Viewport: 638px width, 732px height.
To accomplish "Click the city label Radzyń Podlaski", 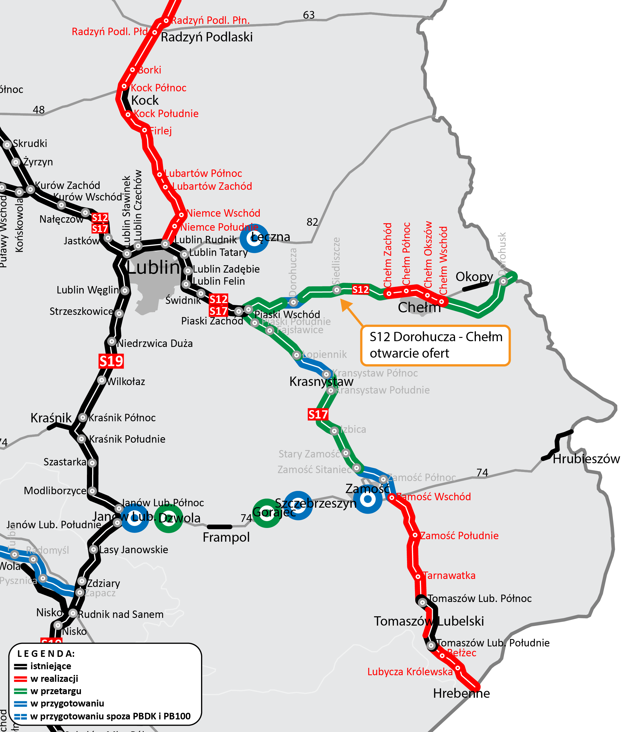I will pos(207,37).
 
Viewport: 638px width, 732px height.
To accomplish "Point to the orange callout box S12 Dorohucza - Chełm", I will pos(435,345).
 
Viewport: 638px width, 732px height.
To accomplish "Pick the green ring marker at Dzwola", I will pos(168,518).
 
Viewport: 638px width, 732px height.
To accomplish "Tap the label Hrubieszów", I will pos(586,459).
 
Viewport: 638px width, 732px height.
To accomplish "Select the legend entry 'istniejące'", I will pos(50,666).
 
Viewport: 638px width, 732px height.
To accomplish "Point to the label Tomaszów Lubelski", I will pos(429,621).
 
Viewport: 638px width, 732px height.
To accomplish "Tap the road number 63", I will pos(309,15).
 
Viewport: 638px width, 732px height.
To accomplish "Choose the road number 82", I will pos(312,222).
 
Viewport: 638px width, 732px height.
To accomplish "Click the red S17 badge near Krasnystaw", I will pos(318,414).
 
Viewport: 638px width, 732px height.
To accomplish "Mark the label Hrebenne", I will pos(461,693).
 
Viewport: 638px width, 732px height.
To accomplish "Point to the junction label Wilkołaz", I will pos(126,382).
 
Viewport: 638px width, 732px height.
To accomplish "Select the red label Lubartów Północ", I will pos(203,173).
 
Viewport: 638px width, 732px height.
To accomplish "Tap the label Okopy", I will pos(474,277).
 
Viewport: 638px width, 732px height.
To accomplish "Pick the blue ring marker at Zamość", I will pos(368,499).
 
